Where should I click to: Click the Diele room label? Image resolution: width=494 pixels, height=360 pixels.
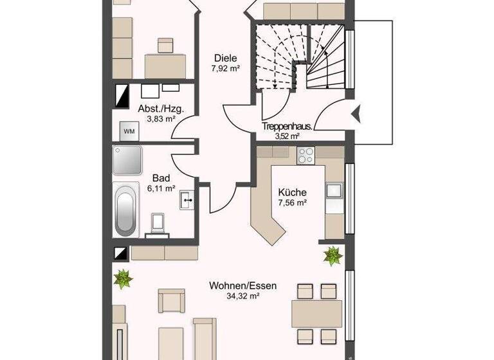coord(225,56)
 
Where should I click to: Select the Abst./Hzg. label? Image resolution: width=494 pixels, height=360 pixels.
coord(161,109)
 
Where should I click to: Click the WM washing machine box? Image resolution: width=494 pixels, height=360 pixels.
coord(129,132)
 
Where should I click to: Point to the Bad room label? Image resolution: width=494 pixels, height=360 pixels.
coord(161,178)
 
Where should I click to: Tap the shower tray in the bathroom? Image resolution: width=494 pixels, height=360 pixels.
coord(127,160)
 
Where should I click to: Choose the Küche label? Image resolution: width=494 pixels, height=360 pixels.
coord(292,192)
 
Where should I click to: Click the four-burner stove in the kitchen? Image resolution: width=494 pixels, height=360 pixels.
coord(304,155)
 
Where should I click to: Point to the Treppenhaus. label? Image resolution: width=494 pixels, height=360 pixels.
coord(287,126)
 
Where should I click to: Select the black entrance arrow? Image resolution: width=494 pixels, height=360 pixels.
coord(355,115)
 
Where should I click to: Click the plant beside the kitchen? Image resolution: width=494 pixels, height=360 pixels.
coord(333,256)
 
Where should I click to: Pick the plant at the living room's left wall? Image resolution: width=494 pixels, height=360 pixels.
coord(122,278)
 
